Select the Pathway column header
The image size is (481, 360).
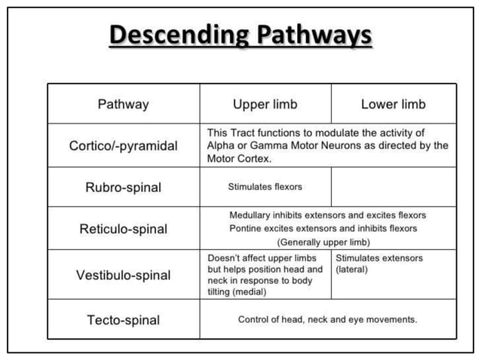[x=124, y=104]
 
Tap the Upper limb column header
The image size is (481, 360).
[x=265, y=104]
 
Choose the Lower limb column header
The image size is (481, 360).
[x=393, y=104]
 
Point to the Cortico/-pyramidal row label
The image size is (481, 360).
[x=124, y=146]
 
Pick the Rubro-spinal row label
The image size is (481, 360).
[x=124, y=188]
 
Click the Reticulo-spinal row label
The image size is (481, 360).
[x=124, y=229]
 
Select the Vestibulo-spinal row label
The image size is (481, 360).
[x=124, y=275]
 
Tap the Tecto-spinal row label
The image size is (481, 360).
[x=124, y=320]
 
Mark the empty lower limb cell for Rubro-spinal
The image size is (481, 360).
[x=393, y=188]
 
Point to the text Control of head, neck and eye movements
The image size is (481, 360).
[x=327, y=319]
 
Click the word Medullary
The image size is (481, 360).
[x=250, y=215]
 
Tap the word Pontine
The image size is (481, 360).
[x=245, y=228]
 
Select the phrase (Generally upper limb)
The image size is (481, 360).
[x=323, y=242]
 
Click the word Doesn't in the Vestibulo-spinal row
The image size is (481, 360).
[x=223, y=258]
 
